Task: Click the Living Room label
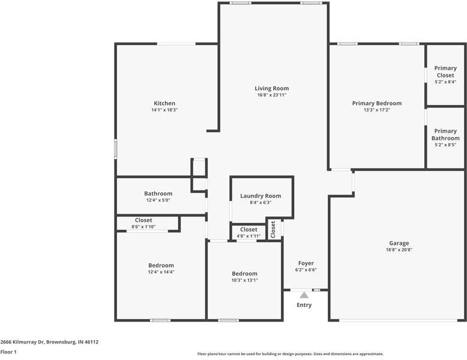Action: [x=272, y=88]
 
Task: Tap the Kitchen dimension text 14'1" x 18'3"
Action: [x=164, y=110]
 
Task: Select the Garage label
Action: [x=399, y=243]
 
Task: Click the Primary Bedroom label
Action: [x=376, y=103]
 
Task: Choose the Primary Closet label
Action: [x=445, y=71]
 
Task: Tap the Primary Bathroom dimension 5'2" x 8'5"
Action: [x=445, y=145]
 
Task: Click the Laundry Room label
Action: [x=261, y=196]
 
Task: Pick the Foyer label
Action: [x=306, y=263]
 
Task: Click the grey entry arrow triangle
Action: [x=304, y=295]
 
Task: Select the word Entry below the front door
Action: [x=304, y=305]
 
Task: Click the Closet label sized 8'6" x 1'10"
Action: [x=143, y=220]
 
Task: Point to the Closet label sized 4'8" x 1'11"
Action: [x=249, y=229]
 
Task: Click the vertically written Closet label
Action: [x=273, y=229]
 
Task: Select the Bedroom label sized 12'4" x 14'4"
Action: [x=161, y=265]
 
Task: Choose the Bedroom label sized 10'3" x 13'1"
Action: [x=244, y=273]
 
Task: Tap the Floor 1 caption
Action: [x=8, y=352]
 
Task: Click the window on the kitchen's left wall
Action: [x=116, y=149]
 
